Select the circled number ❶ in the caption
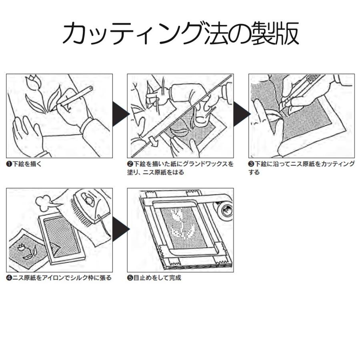[x=9, y=164]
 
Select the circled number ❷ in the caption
[x=130, y=164]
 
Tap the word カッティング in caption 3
[x=334, y=164]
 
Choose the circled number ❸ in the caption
[x=251, y=164]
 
